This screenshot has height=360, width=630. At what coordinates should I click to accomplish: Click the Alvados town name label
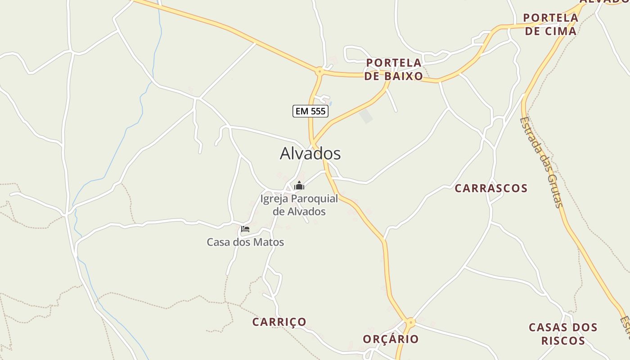click(310, 153)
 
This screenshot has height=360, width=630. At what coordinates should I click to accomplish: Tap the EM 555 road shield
click(310, 111)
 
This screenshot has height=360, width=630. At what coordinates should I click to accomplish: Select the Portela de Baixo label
click(394, 69)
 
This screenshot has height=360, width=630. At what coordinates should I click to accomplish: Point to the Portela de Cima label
click(550, 24)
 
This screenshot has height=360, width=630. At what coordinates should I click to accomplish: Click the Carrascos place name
click(491, 188)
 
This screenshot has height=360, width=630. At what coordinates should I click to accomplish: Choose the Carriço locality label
click(279, 322)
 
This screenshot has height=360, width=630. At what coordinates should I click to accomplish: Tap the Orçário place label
click(391, 339)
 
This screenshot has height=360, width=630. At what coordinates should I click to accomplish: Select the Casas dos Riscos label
click(563, 333)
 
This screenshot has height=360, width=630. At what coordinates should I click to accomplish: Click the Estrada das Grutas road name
click(541, 162)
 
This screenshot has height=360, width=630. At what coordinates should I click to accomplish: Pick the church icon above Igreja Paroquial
click(299, 185)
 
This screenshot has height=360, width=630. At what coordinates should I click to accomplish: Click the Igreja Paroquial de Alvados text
click(299, 205)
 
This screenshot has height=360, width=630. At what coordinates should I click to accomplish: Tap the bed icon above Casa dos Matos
click(245, 229)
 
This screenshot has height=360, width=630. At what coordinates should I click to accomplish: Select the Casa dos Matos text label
click(245, 242)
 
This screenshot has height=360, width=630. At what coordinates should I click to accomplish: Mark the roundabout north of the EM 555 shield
click(319, 71)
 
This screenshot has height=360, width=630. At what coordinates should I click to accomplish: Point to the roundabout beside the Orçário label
click(410, 322)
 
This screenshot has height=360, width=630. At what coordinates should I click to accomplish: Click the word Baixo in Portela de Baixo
click(403, 76)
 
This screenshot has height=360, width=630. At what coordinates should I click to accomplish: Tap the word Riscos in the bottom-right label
click(563, 340)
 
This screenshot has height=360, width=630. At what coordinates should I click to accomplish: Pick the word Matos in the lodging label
click(269, 242)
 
